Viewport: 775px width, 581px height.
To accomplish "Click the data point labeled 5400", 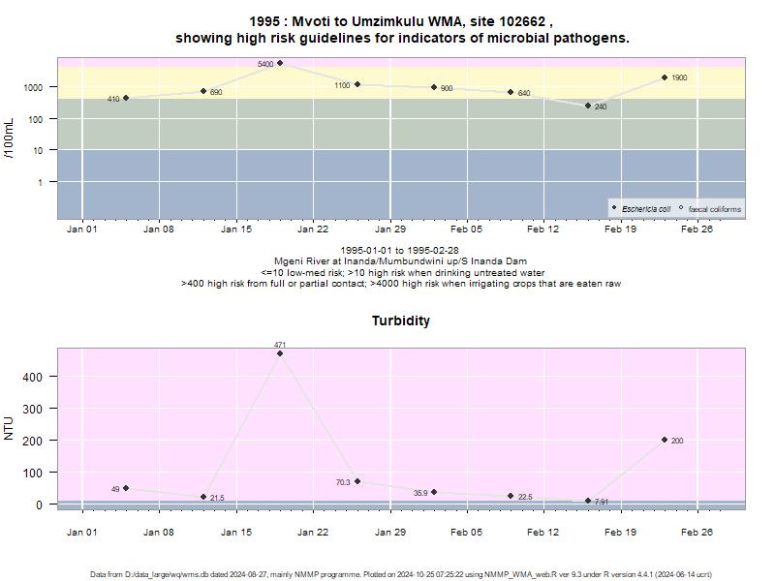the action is click(x=280, y=63).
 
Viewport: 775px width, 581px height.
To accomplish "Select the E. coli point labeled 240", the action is click(x=588, y=106).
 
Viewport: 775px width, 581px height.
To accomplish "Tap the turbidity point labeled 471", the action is click(x=280, y=353).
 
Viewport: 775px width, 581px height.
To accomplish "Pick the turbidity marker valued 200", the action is click(x=665, y=440).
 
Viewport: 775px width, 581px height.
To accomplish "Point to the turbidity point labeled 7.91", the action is click(x=588, y=501).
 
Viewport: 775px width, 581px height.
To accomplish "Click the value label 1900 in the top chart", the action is click(x=679, y=77).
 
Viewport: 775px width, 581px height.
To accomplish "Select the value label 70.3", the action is click(x=343, y=482).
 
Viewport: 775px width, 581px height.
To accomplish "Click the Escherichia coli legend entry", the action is click(x=641, y=209).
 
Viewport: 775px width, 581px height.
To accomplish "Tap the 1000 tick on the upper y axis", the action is click(x=33, y=87).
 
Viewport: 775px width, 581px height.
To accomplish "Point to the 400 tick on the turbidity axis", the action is click(x=32, y=377).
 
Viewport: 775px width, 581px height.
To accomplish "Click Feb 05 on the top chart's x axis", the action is click(x=466, y=229).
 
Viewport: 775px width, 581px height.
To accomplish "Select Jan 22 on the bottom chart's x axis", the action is click(x=312, y=532).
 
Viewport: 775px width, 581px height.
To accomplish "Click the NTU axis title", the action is click(x=9, y=428).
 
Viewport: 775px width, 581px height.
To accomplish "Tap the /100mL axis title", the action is click(x=9, y=138).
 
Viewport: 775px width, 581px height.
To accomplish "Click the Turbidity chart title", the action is click(x=401, y=321).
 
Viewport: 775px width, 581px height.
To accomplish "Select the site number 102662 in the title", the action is click(x=522, y=21).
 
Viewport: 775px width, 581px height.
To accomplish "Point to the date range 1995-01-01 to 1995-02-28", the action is click(x=399, y=251).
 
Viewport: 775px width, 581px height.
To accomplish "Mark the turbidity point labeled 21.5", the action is click(x=203, y=497).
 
